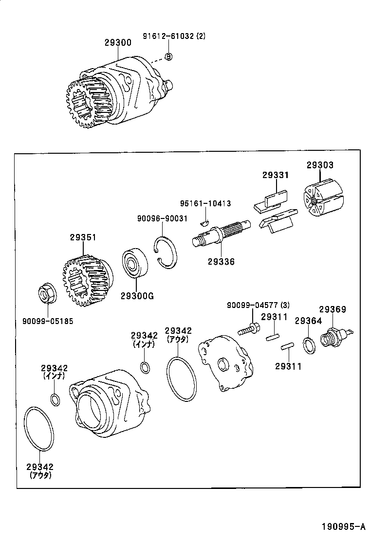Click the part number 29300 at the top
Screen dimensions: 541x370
tap(117, 43)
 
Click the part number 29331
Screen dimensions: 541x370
tap(276, 175)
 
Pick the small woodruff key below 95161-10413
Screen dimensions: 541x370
tap(205, 223)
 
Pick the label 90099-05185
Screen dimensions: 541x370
tap(48, 321)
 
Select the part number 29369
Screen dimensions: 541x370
tap(332, 309)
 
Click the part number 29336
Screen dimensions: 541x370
tap(221, 261)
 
